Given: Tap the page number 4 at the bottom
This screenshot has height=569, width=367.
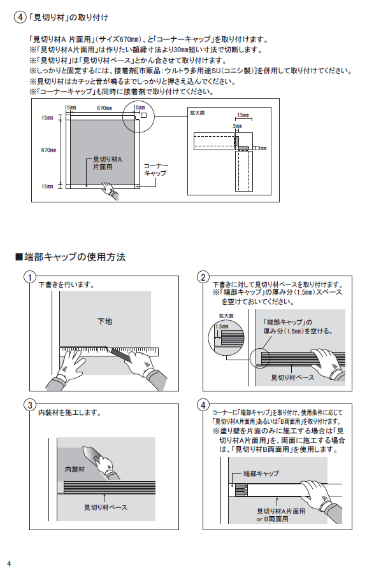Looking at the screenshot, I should [9, 563].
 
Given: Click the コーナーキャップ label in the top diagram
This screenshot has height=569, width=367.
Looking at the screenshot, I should [155, 169].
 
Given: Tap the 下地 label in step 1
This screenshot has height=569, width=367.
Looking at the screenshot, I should [104, 321].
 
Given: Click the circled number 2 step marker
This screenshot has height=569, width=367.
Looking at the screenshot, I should [203, 277].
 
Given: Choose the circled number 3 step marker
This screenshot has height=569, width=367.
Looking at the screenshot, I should [29, 405].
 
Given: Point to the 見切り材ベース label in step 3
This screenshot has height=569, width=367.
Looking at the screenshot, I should [106, 507].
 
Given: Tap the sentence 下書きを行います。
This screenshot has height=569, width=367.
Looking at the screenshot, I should [66, 284].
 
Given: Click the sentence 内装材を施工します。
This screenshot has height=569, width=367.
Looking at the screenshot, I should [69, 412].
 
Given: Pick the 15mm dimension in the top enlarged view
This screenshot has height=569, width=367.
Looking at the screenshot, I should [243, 115].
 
